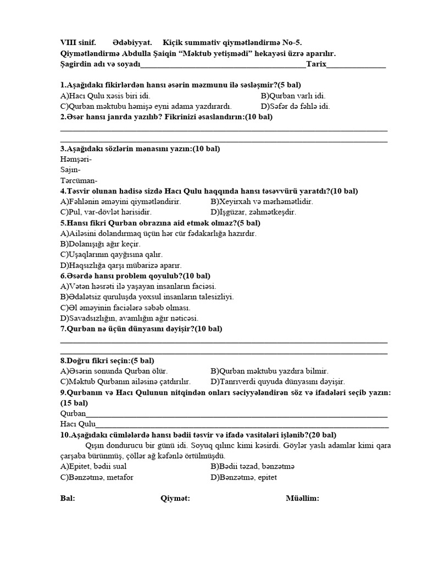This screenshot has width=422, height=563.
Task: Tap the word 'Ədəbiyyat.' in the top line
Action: [x=132, y=43]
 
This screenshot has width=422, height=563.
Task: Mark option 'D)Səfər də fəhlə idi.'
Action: [x=295, y=106]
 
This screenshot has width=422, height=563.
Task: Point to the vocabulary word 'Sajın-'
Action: [x=70, y=170]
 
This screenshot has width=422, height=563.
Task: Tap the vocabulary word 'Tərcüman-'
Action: [x=79, y=180]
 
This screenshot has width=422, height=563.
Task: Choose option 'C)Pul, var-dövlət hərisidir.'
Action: [x=106, y=212]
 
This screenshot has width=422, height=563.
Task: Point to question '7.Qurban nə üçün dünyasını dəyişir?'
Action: [x=141, y=329]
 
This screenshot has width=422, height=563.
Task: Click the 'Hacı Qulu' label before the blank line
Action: [x=77, y=424]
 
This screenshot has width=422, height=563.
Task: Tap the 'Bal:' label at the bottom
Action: [x=68, y=498]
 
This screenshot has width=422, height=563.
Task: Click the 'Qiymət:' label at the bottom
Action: [x=175, y=498]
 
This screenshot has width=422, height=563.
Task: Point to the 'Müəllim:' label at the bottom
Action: [x=302, y=498]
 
